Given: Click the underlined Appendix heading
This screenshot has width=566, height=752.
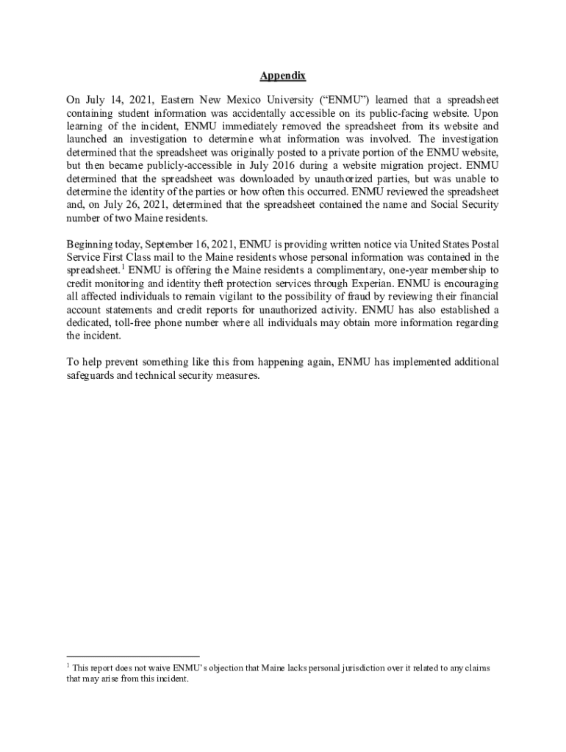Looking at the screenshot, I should coord(282,76).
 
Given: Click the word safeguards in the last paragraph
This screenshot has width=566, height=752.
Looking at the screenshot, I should coord(90,376).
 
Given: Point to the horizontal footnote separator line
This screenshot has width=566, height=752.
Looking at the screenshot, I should coord(133,656).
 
